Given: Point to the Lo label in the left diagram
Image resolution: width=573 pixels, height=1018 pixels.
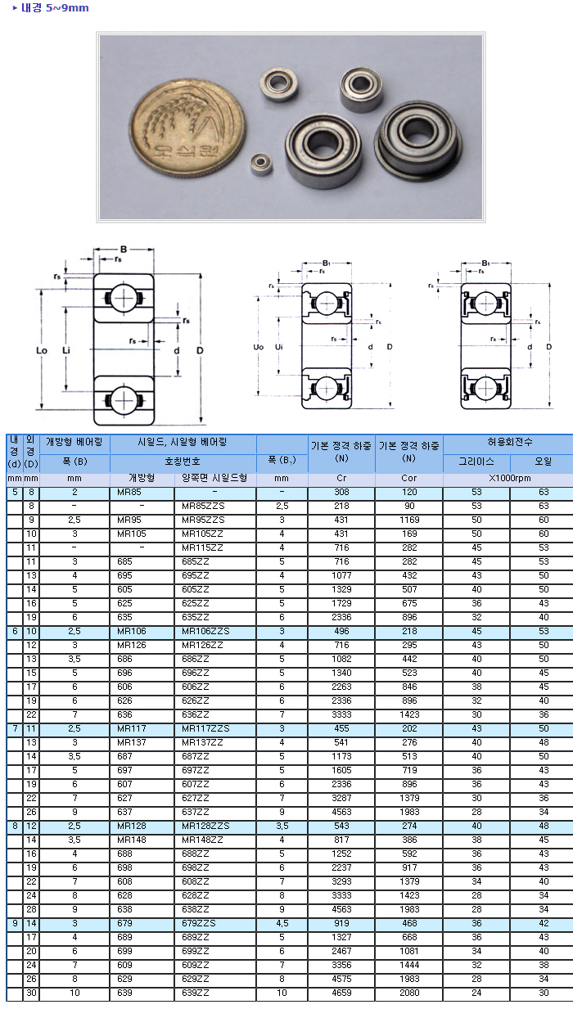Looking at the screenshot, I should click(42, 350).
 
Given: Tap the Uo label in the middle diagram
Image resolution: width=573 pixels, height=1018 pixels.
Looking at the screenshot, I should click(259, 347).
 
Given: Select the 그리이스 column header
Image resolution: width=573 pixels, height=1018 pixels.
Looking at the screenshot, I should click(476, 462).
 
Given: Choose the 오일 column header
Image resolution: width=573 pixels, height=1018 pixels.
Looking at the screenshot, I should click(543, 462).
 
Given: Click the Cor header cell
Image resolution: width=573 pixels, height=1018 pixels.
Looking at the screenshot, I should click(408, 478).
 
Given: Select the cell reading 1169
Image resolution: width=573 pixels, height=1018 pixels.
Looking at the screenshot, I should click(408, 520).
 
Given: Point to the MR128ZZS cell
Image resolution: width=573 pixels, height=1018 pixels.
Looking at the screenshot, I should click(205, 826).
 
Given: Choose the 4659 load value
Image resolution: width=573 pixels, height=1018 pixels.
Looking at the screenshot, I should click(341, 993).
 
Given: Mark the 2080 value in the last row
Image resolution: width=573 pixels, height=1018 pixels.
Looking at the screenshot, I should click(408, 993).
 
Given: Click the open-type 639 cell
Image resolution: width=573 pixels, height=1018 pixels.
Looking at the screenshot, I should click(124, 993).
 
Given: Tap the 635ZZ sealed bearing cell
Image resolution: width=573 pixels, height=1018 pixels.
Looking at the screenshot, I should click(196, 617).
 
